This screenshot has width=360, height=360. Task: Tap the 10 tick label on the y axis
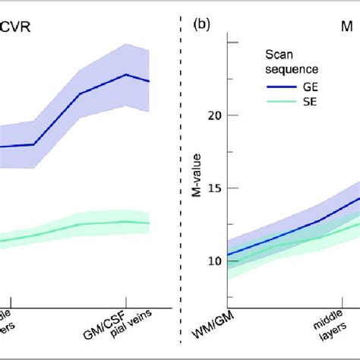point(213,261)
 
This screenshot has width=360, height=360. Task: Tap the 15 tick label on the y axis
point(213,188)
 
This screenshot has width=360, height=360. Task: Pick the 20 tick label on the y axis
point(213,115)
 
